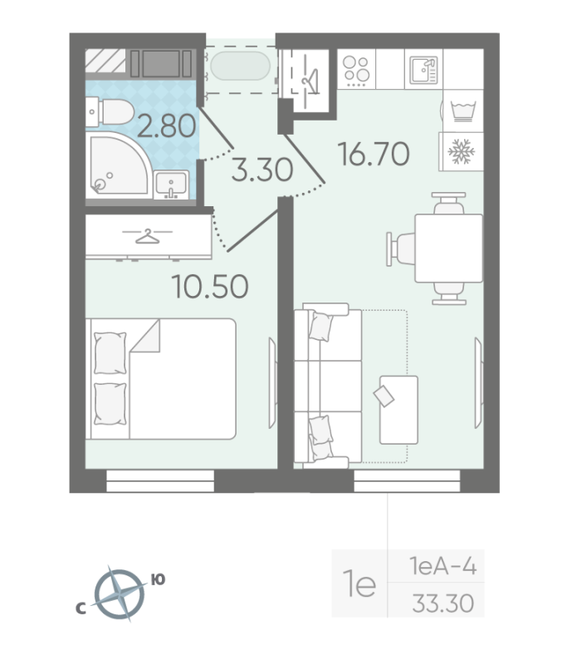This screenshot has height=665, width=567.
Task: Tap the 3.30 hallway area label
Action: [262, 171]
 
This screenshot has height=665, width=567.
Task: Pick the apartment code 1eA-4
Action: [447, 568]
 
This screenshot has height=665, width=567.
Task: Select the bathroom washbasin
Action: [172, 185]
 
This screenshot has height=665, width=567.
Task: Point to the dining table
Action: [448, 248]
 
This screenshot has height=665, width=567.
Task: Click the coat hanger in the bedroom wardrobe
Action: [147, 237]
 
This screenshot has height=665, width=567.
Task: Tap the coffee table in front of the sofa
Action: [398, 409]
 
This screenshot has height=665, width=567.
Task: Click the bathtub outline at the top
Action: [241, 66]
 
